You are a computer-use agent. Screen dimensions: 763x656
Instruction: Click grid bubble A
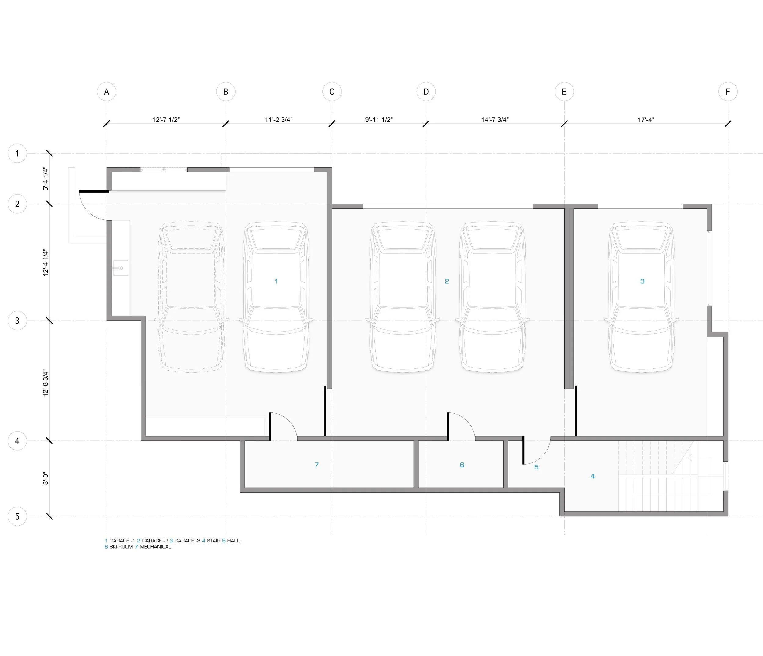[107, 92]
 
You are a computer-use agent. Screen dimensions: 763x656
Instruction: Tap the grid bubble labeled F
[728, 92]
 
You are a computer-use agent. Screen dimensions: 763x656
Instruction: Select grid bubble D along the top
[426, 92]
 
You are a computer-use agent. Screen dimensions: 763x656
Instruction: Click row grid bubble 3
[17, 321]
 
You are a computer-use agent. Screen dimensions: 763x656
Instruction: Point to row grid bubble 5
[17, 516]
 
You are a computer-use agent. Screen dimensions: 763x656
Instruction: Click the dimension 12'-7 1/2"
[166, 120]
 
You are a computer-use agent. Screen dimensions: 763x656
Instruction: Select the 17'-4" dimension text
[646, 120]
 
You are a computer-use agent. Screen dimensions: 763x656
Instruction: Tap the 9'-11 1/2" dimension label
[379, 120]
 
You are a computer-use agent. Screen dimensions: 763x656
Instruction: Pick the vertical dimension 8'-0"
[46, 478]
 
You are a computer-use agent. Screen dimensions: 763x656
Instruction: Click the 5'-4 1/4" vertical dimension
[46, 179]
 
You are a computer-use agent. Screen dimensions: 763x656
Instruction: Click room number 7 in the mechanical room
[316, 465]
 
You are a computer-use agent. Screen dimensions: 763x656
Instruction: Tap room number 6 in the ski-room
[462, 465]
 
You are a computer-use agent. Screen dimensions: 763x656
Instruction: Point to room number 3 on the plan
[642, 281]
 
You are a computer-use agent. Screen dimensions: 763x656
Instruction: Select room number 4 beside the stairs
[592, 476]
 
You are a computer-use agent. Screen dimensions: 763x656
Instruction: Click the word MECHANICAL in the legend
[155, 547]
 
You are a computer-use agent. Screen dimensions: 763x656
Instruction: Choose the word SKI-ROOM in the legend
[121, 547]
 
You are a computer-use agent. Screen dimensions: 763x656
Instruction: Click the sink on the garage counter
[121, 268]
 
